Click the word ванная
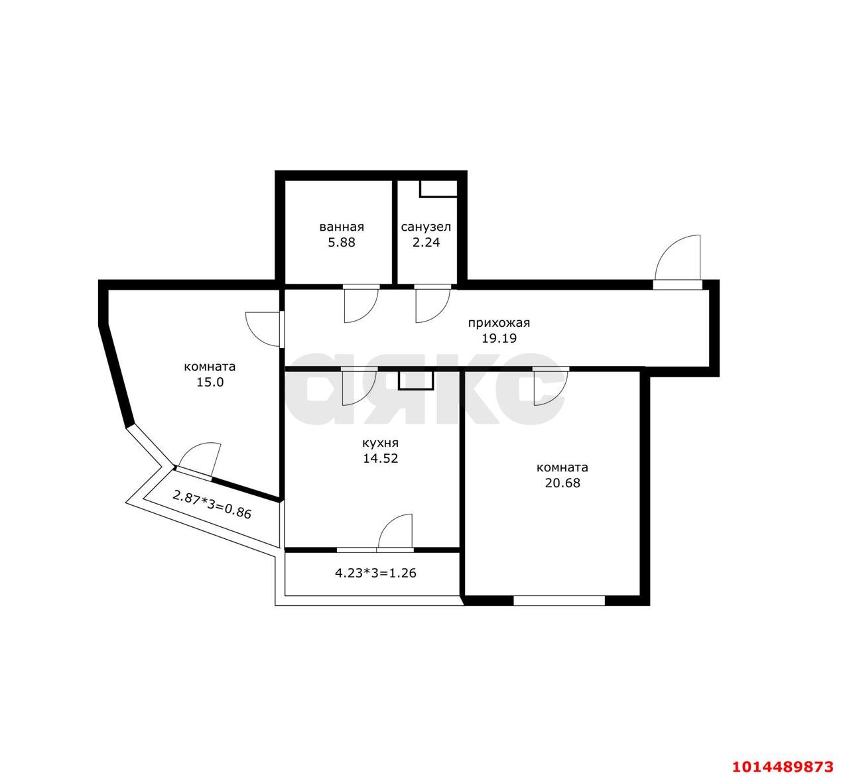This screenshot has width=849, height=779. pyautogui.click(x=342, y=227)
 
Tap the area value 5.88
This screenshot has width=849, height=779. pyautogui.click(x=342, y=243)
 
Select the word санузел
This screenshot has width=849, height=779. pyautogui.click(x=426, y=227)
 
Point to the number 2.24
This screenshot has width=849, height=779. pyautogui.click(x=426, y=243)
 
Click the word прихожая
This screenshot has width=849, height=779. pyautogui.click(x=499, y=324)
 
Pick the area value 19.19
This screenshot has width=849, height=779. pyautogui.click(x=499, y=339)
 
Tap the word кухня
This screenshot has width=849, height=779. pyautogui.click(x=381, y=444)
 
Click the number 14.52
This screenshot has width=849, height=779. pyautogui.click(x=381, y=459)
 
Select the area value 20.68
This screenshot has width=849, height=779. pyautogui.click(x=562, y=483)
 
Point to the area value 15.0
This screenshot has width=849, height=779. pyautogui.click(x=210, y=383)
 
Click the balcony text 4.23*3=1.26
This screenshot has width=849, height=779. pyautogui.click(x=375, y=573)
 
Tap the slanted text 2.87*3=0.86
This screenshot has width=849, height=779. pyautogui.click(x=212, y=505)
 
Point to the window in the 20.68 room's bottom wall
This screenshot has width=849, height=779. pyautogui.click(x=559, y=601)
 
